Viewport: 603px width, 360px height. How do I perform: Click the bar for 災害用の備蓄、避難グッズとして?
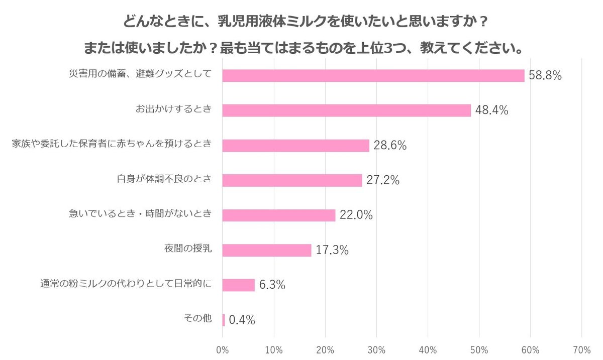pos(373,75)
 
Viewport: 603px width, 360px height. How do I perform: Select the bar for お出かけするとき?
pos(346,110)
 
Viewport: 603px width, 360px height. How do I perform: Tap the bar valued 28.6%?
pos(295,146)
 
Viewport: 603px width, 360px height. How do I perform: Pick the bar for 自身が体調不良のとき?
pos(292,180)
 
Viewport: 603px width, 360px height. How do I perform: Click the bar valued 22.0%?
pos(278,215)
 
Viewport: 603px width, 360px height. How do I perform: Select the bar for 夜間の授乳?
pos(266,250)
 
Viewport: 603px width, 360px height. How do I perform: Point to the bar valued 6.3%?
pos(238,285)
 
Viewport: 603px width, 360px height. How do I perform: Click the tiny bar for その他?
pos(224,320)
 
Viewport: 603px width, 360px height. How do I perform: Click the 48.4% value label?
pos(491,110)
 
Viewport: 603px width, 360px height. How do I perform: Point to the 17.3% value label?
pos(332,250)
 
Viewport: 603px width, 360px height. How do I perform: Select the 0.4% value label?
pos(242,320)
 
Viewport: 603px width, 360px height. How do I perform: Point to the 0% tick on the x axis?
pos(222,349)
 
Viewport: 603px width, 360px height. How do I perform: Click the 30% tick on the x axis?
pos(376,349)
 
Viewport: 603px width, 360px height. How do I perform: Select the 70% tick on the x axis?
pos(581,349)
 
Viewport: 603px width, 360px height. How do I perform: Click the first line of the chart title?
pos(306,23)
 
